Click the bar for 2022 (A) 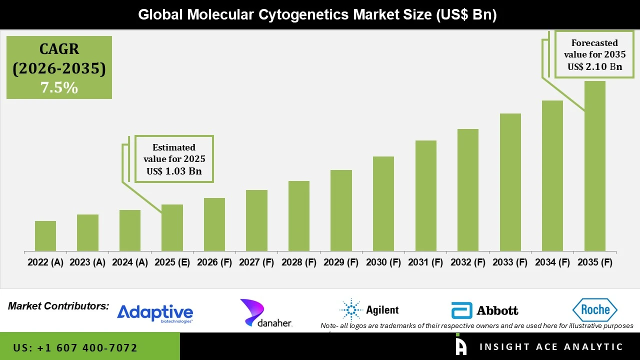click(45, 236)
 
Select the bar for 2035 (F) click(594, 166)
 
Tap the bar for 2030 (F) click(383, 203)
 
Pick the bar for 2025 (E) click(172, 227)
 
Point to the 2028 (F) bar click(298, 216)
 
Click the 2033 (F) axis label click(510, 262)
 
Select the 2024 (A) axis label click(130, 262)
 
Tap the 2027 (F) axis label click(256, 262)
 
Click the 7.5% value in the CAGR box click(59, 88)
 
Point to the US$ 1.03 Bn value click(174, 171)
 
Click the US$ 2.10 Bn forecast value click(594, 66)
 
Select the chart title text click(317, 14)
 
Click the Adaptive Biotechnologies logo click(155, 313)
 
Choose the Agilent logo click(369, 310)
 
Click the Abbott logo click(484, 310)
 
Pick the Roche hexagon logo click(594, 310)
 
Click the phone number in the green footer click(75, 347)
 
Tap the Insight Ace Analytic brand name click(551, 347)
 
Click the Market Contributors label click(58, 306)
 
